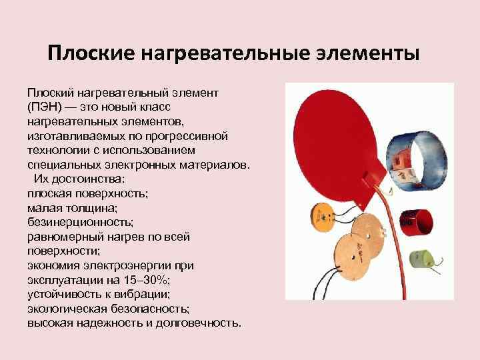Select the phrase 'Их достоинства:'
[x=77, y=179]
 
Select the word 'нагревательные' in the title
[x=223, y=53]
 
